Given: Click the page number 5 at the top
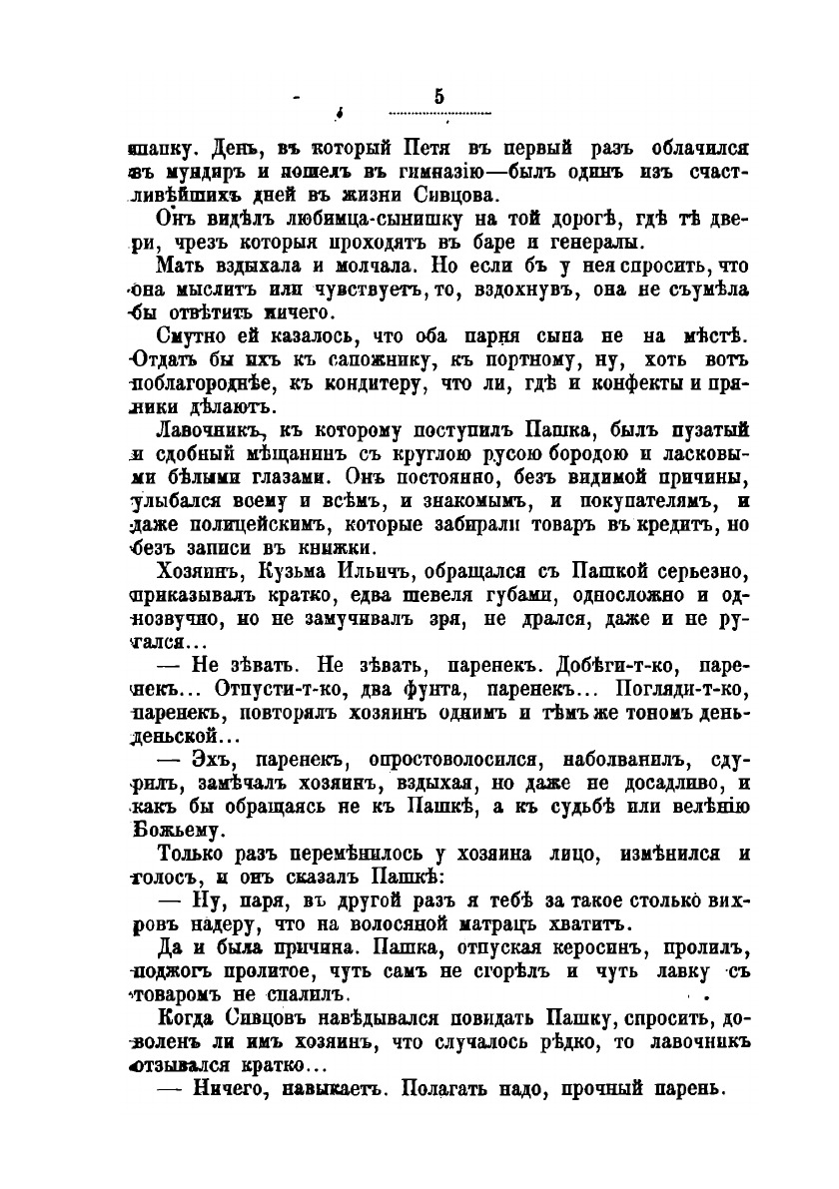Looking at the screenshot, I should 439,97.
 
